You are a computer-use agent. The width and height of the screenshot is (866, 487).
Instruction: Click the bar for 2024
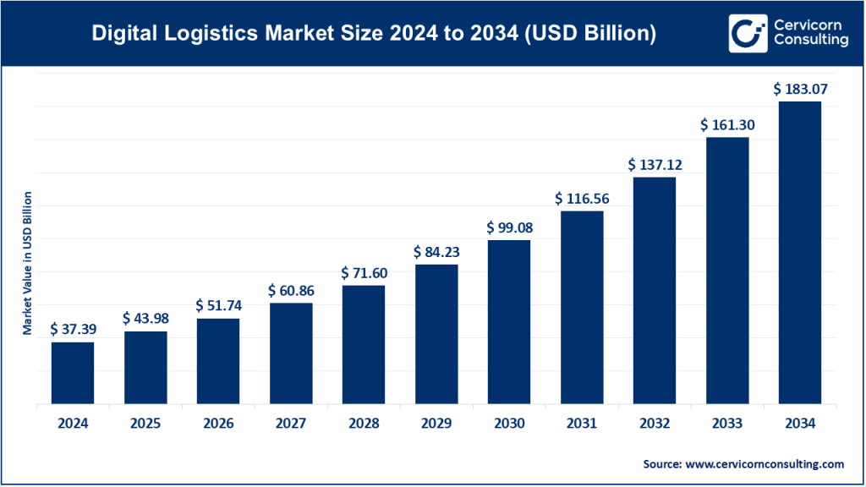[x=73, y=373]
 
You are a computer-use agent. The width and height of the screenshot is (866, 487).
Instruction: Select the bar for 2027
[x=291, y=353]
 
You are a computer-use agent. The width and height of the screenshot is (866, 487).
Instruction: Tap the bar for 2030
[x=509, y=322]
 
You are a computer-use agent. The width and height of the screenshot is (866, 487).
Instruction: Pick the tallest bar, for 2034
[x=800, y=253]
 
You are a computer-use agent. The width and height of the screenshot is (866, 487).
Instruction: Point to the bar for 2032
[x=655, y=291]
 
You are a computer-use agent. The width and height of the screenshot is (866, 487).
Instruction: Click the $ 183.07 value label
[x=800, y=88]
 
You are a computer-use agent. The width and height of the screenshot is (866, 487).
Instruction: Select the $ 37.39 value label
[x=73, y=328]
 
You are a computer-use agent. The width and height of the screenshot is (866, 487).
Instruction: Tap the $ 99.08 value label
[x=509, y=227]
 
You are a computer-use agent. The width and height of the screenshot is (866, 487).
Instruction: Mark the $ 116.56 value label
[x=582, y=198]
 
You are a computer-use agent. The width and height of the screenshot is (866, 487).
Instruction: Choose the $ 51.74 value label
[x=218, y=305]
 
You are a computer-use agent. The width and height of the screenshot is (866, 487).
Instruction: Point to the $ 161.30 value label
[x=727, y=124]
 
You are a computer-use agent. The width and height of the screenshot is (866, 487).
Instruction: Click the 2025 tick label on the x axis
[x=145, y=423]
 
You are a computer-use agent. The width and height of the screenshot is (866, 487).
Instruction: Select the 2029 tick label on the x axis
[x=436, y=423]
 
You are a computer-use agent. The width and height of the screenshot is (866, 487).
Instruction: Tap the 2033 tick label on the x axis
[x=727, y=423]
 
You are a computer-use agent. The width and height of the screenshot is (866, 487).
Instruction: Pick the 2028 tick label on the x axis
[x=364, y=423]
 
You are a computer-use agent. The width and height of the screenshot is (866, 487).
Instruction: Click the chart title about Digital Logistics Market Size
[x=373, y=34]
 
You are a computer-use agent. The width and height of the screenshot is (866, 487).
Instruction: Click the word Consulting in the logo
[x=811, y=42]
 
